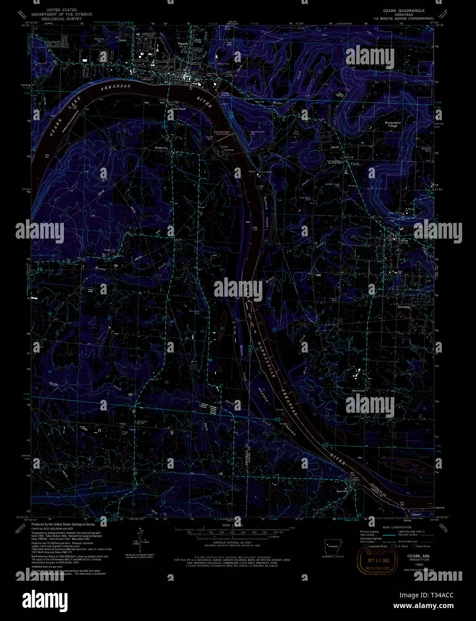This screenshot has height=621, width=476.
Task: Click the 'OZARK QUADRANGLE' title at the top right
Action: coord(404,10)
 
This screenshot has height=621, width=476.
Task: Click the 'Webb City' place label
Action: coord(161,147)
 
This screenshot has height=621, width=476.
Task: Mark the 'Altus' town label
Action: coord(404,240)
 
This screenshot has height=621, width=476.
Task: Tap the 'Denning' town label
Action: coord(404,307)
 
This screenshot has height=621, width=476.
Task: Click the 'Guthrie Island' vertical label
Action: coord(266,212)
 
